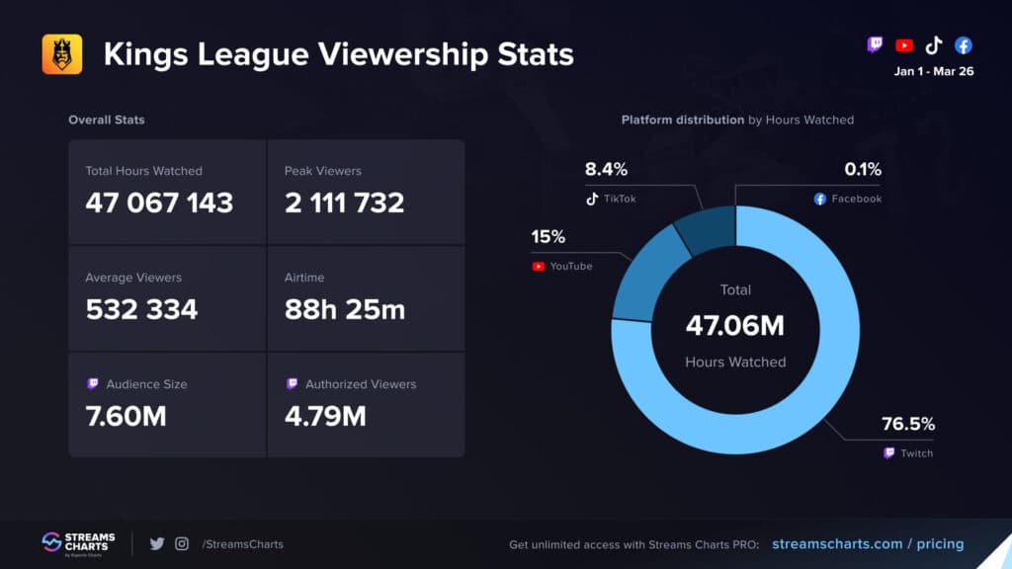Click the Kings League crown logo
click(61, 54)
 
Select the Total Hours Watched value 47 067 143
click(159, 203)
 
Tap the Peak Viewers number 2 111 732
click(344, 203)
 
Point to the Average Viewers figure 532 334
click(141, 309)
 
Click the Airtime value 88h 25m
click(345, 309)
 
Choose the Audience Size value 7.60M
click(126, 416)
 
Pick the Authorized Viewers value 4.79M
click(325, 416)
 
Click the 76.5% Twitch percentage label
click(907, 425)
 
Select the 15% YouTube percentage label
click(548, 238)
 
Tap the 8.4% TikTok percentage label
click(606, 170)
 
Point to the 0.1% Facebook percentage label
click(862, 170)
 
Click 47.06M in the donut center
click(735, 325)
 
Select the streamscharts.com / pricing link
click(867, 543)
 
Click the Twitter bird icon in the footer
click(156, 543)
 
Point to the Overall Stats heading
click(106, 120)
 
